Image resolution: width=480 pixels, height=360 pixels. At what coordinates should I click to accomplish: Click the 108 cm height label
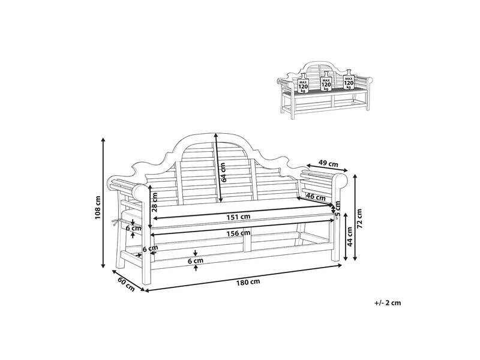(x=97, y=207)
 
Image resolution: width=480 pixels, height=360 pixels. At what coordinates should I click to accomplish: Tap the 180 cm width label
(x=248, y=282)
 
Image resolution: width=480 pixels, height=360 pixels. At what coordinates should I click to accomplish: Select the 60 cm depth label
(x=126, y=284)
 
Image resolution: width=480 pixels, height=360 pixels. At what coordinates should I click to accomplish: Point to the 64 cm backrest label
(x=223, y=172)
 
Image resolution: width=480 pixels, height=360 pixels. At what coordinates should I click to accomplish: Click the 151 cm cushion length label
(x=238, y=217)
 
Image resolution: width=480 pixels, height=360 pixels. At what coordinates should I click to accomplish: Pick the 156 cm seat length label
(x=238, y=233)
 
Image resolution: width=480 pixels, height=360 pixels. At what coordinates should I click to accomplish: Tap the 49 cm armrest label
(x=328, y=164)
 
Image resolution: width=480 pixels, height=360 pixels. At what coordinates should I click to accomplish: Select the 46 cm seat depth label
(x=316, y=197)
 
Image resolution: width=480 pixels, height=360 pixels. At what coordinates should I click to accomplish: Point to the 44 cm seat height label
(x=350, y=236)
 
